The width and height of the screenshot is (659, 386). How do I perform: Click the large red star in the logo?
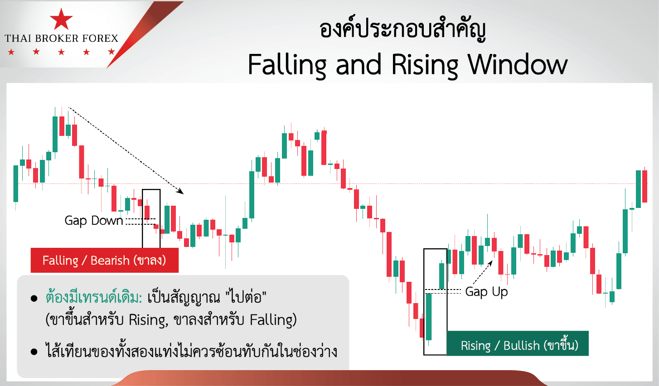coord(61,19)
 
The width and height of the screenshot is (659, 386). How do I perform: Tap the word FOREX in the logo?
coord(100,39)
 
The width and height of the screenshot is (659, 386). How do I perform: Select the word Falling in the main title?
coord(286,65)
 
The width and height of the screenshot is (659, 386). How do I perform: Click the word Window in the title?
coord(517,65)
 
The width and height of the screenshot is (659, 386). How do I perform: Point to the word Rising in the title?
coord(425,65)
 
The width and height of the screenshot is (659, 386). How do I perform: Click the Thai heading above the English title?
coord(402,30)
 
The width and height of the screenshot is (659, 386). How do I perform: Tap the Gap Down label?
coord(94,221)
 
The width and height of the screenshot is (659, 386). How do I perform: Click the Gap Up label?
coord(486,292)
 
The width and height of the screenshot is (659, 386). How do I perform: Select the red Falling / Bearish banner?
coord(104,260)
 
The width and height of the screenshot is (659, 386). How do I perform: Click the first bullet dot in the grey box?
coord(34,299)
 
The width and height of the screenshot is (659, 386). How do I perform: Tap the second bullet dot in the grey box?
coord(34,352)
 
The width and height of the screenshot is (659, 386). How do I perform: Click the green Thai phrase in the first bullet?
coord(94,298)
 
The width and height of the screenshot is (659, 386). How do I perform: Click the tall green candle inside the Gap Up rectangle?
coord(429,316)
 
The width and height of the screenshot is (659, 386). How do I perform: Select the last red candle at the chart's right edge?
coord(644,186)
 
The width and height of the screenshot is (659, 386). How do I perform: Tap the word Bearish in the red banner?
coord(110,261)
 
